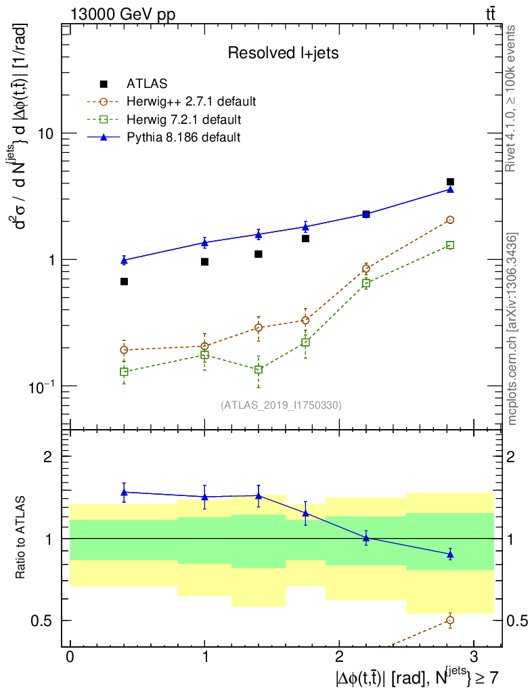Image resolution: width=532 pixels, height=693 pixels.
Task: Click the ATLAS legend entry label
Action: point(146,84)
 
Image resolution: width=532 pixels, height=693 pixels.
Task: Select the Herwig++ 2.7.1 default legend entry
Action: point(191,102)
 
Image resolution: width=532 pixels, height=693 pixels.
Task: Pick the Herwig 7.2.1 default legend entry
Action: point(183,120)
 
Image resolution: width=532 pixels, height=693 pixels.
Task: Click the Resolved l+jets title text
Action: point(283,53)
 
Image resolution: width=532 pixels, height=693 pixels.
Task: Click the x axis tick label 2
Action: point(338,658)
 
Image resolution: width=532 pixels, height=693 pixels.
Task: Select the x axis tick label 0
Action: point(70,658)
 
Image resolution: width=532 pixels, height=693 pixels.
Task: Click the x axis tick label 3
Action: point(472,658)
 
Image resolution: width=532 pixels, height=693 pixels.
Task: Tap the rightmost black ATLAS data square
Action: point(450,182)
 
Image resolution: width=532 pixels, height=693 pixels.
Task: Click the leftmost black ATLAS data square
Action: point(124,282)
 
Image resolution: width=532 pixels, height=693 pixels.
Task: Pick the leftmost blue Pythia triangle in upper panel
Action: point(124,260)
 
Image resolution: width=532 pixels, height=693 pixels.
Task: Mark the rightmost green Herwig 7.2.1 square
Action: point(450,245)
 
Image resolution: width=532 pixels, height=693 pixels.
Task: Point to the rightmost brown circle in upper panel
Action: point(450,220)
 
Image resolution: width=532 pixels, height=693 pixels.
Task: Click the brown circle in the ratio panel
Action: point(450,620)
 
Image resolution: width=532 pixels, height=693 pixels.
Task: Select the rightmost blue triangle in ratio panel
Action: point(450,554)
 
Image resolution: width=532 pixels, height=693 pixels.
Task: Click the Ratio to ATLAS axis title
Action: point(22,538)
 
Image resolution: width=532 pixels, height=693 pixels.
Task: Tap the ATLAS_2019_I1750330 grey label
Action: point(281,405)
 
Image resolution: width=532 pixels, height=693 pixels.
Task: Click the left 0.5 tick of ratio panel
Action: point(47,621)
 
